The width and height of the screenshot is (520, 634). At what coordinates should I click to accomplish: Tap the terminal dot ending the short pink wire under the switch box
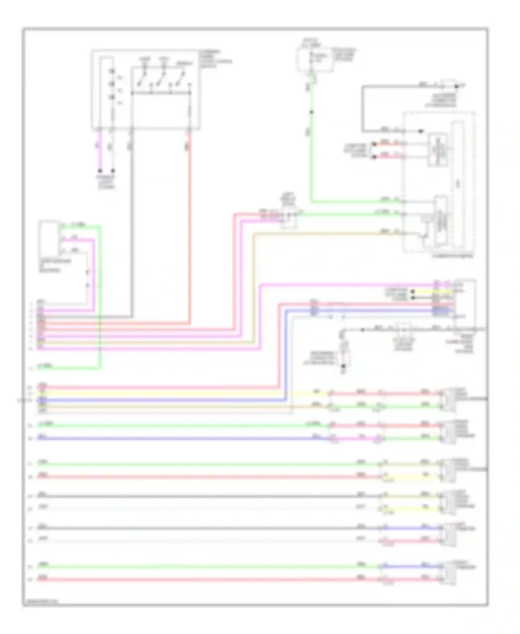pyautogui.click(x=100, y=171)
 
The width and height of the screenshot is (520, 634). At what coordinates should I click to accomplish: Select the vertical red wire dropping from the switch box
pyautogui.click(x=190, y=225)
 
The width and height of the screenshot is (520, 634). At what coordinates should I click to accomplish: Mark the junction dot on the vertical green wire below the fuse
pyautogui.click(x=311, y=112)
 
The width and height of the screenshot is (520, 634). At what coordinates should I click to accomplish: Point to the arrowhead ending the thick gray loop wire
pyautogui.click(x=421, y=131)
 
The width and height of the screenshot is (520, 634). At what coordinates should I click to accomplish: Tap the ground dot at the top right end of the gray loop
pyautogui.click(x=457, y=86)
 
